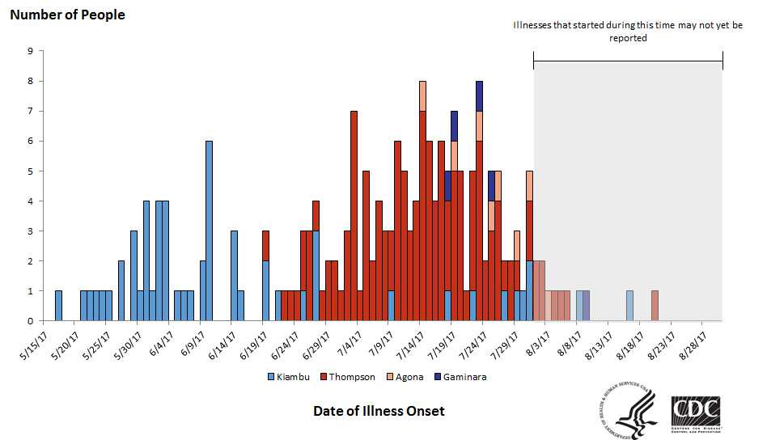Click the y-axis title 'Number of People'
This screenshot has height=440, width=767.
pos(67,15)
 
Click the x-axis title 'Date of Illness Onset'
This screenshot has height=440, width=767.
pos(379,411)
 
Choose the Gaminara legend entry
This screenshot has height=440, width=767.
pos(462,376)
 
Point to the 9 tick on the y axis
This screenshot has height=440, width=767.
pos(30,51)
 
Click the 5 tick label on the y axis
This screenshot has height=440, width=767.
pos(30,171)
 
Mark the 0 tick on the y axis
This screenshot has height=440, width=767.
pos(30,321)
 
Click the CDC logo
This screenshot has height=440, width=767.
pos(696,411)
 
